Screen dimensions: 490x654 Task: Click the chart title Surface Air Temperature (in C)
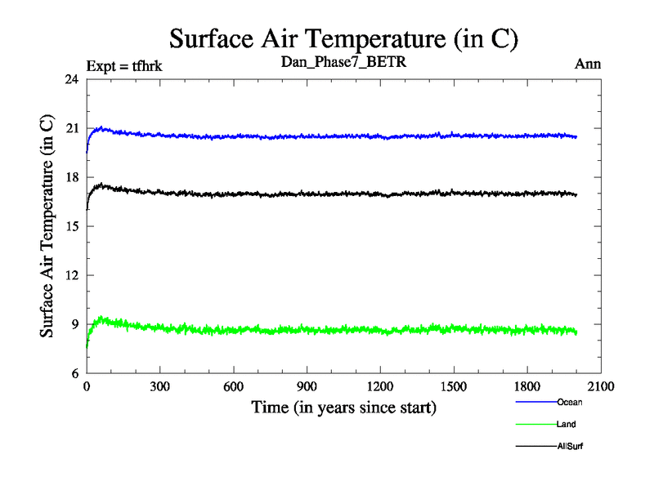tap(343, 38)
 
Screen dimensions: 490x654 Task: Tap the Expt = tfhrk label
tap(124, 66)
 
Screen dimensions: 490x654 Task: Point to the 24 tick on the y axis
tap(71, 79)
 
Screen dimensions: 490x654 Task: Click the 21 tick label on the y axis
tap(71, 128)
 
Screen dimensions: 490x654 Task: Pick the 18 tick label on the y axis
tap(71, 177)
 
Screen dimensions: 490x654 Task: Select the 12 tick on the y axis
tap(71, 275)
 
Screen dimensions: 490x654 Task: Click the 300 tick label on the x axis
tap(160, 387)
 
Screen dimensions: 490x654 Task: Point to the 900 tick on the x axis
tap(307, 387)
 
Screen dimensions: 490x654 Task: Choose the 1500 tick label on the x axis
tap(455, 387)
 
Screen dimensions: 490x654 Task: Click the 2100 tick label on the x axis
tap(601, 387)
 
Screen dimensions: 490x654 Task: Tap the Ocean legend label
tap(569, 402)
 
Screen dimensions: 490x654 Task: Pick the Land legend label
tap(567, 425)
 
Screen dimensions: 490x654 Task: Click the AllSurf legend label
tap(571, 447)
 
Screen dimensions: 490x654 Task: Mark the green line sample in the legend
tap(535, 425)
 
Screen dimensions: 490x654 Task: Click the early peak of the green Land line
tap(101, 318)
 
